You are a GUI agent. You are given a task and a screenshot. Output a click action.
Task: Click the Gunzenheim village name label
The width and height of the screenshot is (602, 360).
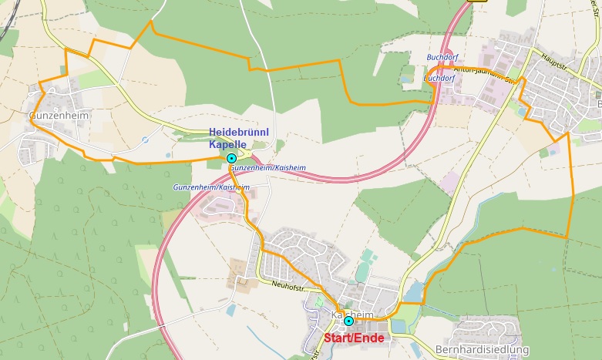point(59,116)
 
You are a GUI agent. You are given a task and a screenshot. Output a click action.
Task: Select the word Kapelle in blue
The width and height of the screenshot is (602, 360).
point(228,144)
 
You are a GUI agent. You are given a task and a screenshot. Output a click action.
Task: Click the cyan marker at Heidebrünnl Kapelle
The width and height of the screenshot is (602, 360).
point(231,158)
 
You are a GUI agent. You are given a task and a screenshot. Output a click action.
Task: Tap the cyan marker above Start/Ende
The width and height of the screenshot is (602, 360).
point(348,321)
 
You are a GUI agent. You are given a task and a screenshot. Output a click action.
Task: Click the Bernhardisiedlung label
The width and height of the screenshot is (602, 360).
point(481,350)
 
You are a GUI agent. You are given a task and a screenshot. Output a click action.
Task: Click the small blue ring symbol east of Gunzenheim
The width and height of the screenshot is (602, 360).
point(146,140)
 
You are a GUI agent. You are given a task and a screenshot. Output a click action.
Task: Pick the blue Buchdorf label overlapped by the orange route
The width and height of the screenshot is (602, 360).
point(440,78)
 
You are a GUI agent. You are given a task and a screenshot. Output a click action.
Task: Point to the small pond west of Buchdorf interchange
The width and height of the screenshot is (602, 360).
point(406,78)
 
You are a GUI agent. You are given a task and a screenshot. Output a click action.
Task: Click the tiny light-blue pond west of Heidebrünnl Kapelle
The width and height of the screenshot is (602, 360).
point(166,154)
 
